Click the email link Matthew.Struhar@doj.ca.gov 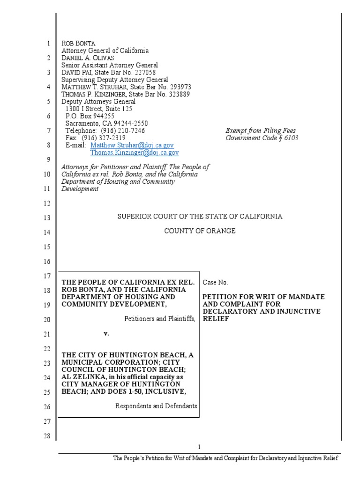(132, 146)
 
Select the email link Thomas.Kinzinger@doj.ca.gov (135, 152)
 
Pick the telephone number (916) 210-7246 (122, 131)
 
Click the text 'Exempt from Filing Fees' (261, 131)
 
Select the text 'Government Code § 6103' (262, 138)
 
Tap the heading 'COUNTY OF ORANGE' (199, 231)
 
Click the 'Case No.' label (215, 283)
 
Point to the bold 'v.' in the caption (106, 334)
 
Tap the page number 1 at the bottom (199, 447)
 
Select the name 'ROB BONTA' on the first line (79, 44)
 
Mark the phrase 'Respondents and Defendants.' (157, 406)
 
